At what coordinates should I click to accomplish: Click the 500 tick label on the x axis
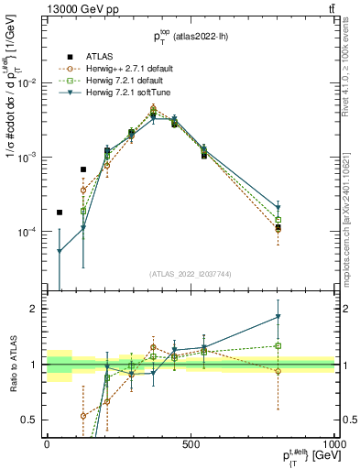[x=191, y=443]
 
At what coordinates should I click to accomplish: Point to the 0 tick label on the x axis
[x=47, y=443]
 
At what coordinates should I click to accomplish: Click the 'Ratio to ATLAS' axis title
[x=11, y=365]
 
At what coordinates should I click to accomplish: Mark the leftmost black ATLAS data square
[x=60, y=212]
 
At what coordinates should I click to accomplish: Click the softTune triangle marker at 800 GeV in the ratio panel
[x=278, y=317]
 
